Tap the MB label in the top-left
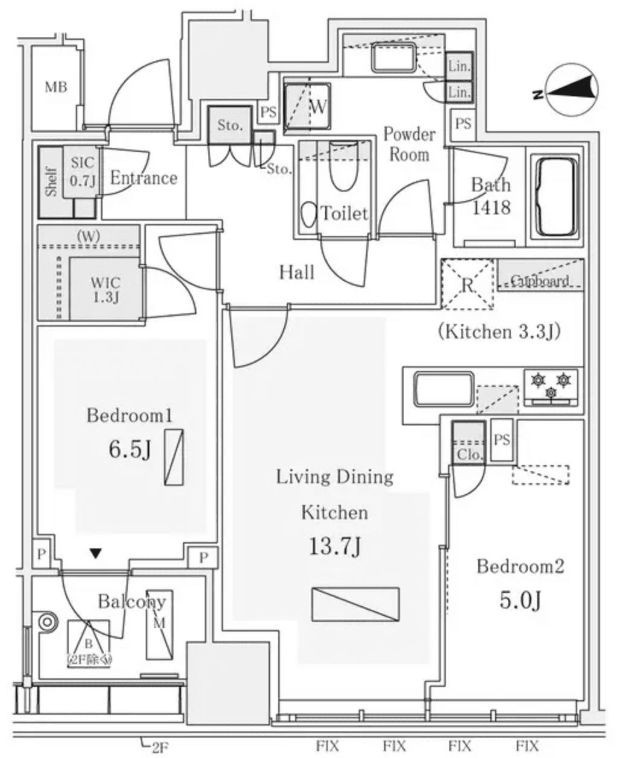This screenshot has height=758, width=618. click(x=56, y=87)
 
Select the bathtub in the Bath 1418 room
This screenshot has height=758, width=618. click(x=555, y=197)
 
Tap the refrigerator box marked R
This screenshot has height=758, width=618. click(x=467, y=284)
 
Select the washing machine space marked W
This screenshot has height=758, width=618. click(x=307, y=106)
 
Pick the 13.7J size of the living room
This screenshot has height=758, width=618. click(x=335, y=547)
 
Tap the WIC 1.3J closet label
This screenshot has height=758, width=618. click(x=105, y=289)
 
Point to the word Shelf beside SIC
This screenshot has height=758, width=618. click(x=51, y=181)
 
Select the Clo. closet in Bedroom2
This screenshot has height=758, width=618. click(x=468, y=443)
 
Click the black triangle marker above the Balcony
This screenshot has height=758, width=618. click(x=95, y=553)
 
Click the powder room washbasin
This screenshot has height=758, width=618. click(x=392, y=60)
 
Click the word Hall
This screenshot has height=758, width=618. click(x=296, y=272)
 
